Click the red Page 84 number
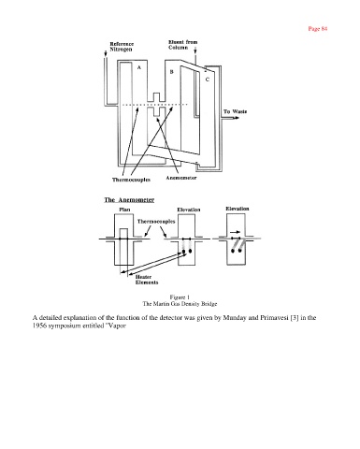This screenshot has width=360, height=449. [x=318, y=29]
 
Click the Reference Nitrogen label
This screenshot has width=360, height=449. [x=122, y=47]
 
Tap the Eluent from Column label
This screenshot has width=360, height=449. [x=183, y=45]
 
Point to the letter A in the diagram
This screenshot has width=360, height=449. [x=139, y=67]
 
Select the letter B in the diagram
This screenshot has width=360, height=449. [x=171, y=72]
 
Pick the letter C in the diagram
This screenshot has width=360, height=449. [x=208, y=80]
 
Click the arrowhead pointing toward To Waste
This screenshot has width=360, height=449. [x=238, y=118]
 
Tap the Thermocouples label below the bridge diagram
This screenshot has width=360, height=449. [x=131, y=180]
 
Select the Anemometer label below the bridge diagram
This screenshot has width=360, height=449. [x=181, y=178]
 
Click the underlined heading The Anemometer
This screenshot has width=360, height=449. [x=129, y=200]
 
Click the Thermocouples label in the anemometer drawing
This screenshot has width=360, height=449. [x=156, y=222]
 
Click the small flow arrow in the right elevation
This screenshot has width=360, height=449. [x=236, y=232]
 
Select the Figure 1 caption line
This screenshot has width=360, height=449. [x=180, y=297]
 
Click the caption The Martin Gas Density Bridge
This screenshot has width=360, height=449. [x=180, y=304]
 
